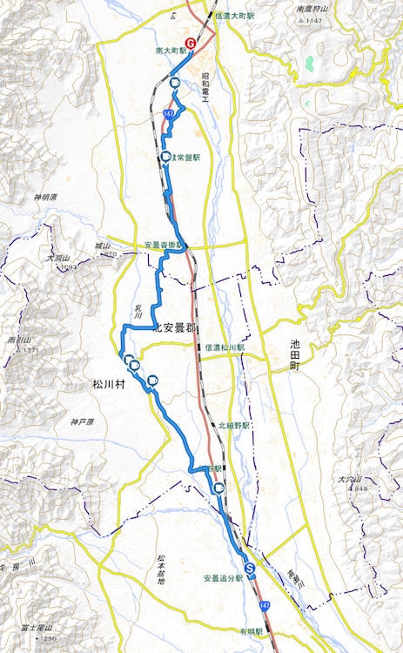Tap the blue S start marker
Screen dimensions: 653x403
tap(250, 569)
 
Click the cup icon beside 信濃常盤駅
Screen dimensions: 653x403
tap(165, 157)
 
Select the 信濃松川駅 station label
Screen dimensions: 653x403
tap(225, 347)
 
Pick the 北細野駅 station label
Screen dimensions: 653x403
tap(233, 426)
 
